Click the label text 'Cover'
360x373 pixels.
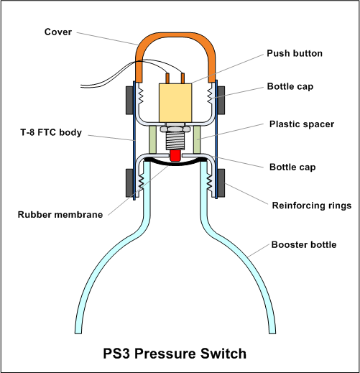point(58,32)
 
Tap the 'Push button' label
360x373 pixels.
point(295,53)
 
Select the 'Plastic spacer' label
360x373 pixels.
point(302,124)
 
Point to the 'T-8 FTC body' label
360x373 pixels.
point(51,132)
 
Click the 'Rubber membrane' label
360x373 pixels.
point(60,214)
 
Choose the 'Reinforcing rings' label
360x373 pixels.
point(312,206)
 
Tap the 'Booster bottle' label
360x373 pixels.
point(304,244)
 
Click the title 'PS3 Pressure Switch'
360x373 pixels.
point(175,354)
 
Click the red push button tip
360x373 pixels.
point(175,155)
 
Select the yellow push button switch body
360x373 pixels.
point(175,103)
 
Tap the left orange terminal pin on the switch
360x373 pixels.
point(167,78)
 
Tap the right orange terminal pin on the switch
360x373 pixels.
point(183,78)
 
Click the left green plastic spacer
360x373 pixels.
point(152,139)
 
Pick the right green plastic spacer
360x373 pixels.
point(197,139)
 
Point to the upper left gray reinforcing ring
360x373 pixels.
point(129,101)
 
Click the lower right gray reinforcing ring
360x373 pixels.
point(221,183)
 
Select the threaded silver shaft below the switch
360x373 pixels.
point(175,141)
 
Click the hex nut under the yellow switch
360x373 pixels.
point(175,129)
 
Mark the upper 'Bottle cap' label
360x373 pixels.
point(290,86)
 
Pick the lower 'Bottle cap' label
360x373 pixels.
point(292,167)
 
